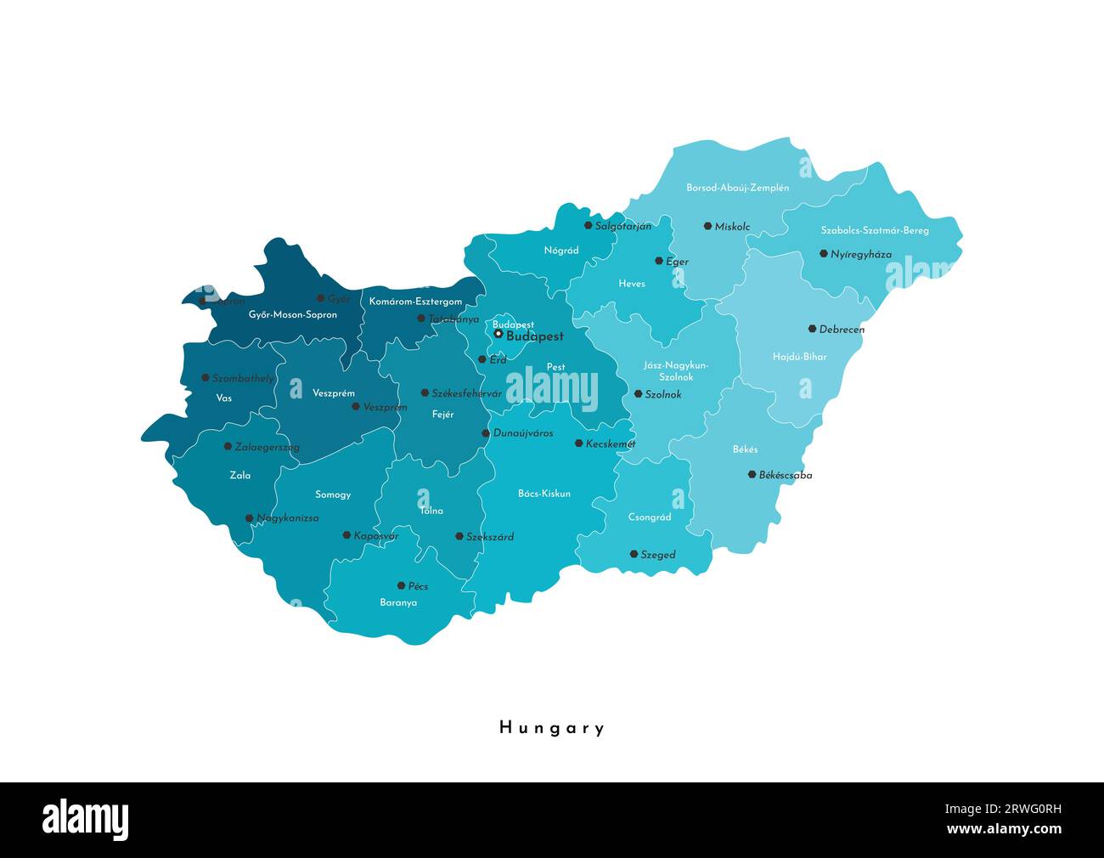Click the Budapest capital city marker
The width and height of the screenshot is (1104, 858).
[x=498, y=334]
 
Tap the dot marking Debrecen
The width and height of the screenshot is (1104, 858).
[x=812, y=329]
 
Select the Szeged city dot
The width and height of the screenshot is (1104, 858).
[x=634, y=554]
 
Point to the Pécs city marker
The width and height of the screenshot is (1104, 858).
[x=401, y=585]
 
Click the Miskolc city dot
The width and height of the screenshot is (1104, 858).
[x=707, y=226]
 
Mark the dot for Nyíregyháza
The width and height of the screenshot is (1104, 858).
[x=823, y=253]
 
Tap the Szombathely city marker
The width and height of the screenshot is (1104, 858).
[x=205, y=377]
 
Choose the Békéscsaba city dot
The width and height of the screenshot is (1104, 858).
[x=752, y=474]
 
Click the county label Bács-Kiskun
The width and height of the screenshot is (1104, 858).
[x=544, y=494]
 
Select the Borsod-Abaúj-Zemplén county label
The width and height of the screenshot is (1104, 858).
[x=738, y=188]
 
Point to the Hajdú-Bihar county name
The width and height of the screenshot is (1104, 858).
[x=799, y=357]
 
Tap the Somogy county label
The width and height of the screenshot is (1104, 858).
[x=333, y=494]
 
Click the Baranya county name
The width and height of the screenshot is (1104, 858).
[x=398, y=602]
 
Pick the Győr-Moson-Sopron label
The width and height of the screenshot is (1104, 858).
[x=293, y=314]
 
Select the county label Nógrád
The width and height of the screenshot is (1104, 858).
[x=561, y=251]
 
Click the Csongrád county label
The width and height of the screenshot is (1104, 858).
[x=650, y=516]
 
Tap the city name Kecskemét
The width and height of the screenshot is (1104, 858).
[x=611, y=443]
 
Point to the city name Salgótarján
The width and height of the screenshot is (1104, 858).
[x=623, y=226]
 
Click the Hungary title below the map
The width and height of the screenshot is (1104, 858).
[x=552, y=728]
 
